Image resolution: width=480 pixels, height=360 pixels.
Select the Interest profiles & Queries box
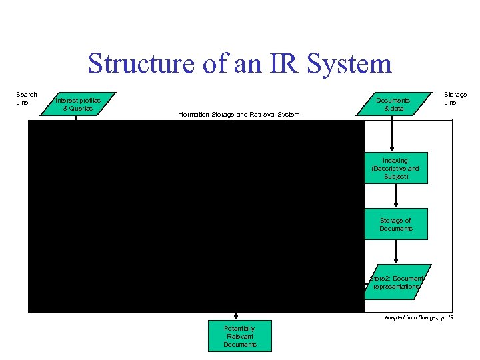click(x=78, y=104)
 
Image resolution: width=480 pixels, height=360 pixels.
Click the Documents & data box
click(x=392, y=104)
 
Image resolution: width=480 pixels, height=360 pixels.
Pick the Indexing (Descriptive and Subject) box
click(x=395, y=168)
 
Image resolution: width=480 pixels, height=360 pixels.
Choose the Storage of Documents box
click(x=395, y=224)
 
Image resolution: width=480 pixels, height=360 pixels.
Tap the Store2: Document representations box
click(x=396, y=282)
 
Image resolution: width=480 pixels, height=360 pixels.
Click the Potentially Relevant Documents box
click(x=239, y=337)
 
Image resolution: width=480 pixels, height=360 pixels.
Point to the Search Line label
click(x=27, y=98)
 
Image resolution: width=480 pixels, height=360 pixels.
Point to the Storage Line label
click(x=455, y=98)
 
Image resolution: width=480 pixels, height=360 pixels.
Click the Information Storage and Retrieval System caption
click(x=237, y=115)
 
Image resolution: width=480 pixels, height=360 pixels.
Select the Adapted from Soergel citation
click(x=419, y=318)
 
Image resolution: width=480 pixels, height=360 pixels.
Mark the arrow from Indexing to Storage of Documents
click(x=396, y=195)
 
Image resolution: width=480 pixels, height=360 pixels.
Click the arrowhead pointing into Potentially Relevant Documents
click(x=236, y=317)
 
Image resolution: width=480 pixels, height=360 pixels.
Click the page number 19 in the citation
click(x=450, y=318)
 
